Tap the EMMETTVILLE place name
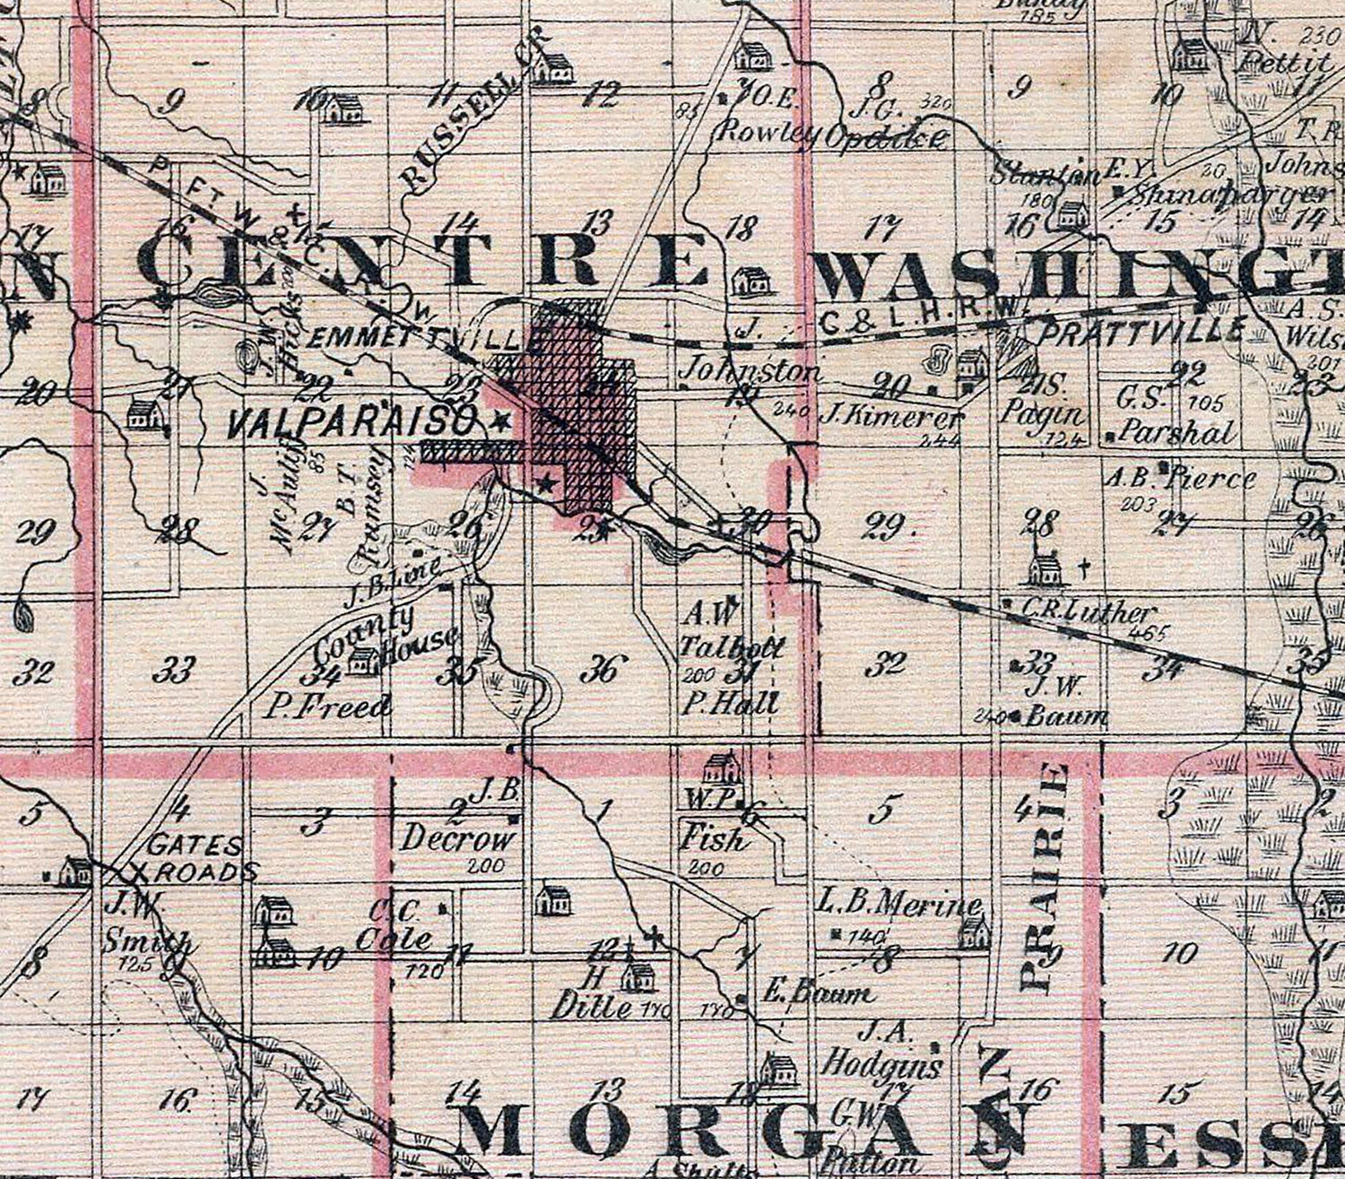tap(413, 340)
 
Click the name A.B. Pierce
tap(1179, 477)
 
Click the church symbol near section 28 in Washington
tap(1043, 567)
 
